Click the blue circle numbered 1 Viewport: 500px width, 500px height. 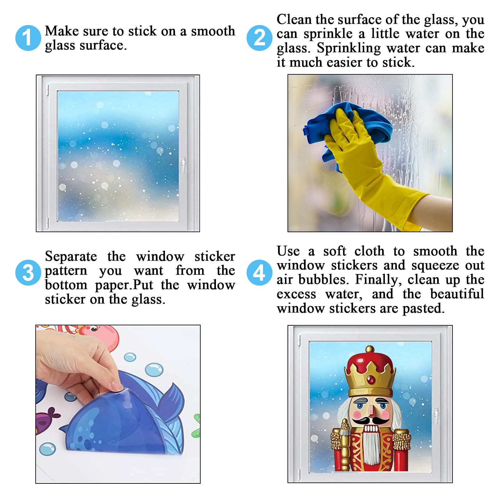28,38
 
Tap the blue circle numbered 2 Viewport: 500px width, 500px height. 259,38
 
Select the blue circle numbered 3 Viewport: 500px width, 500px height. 28,272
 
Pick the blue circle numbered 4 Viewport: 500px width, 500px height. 259,272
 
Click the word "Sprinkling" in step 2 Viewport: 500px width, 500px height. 349,48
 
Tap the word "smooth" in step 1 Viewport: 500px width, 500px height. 213,31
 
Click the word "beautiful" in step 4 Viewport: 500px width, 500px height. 457,294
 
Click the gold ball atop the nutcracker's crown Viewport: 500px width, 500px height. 370,349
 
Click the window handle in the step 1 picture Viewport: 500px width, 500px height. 183,165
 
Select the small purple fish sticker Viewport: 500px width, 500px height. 47,419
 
